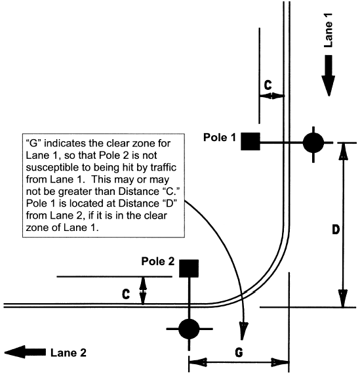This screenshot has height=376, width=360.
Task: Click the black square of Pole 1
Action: pyautogui.click(x=250, y=142)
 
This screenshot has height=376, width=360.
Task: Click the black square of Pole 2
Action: pyautogui.click(x=189, y=268)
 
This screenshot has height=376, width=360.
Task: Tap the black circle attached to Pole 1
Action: pyautogui.click(x=313, y=143)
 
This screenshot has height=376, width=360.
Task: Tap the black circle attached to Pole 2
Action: pyautogui.click(x=189, y=329)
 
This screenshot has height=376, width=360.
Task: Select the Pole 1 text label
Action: pyautogui.click(x=220, y=137)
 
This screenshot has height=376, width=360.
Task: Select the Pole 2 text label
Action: pyautogui.click(x=158, y=261)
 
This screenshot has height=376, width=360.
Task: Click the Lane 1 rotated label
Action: pyautogui.click(x=329, y=30)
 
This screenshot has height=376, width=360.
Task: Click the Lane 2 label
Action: pyautogui.click(x=68, y=353)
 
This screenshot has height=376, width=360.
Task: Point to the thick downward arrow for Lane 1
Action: pyautogui.click(x=329, y=75)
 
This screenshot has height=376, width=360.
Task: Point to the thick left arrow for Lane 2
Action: pyautogui.click(x=25, y=352)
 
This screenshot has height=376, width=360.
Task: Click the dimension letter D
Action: pyautogui.click(x=336, y=230)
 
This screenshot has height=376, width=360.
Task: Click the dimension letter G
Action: pyautogui.click(x=239, y=352)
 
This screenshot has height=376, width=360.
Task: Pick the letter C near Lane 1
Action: pyautogui.click(x=268, y=85)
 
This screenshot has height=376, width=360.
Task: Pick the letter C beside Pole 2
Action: pyautogui.click(x=126, y=294)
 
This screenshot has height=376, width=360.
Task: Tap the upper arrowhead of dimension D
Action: pyautogui.click(x=343, y=150)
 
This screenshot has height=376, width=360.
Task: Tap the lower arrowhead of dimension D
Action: pyautogui.click(x=343, y=299)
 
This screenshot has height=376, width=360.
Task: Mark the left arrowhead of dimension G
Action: pyautogui.click(x=198, y=362)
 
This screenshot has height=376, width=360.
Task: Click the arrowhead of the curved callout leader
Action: pyautogui.click(x=243, y=331)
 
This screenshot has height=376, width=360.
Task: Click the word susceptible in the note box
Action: pyautogui.click(x=52, y=168)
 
